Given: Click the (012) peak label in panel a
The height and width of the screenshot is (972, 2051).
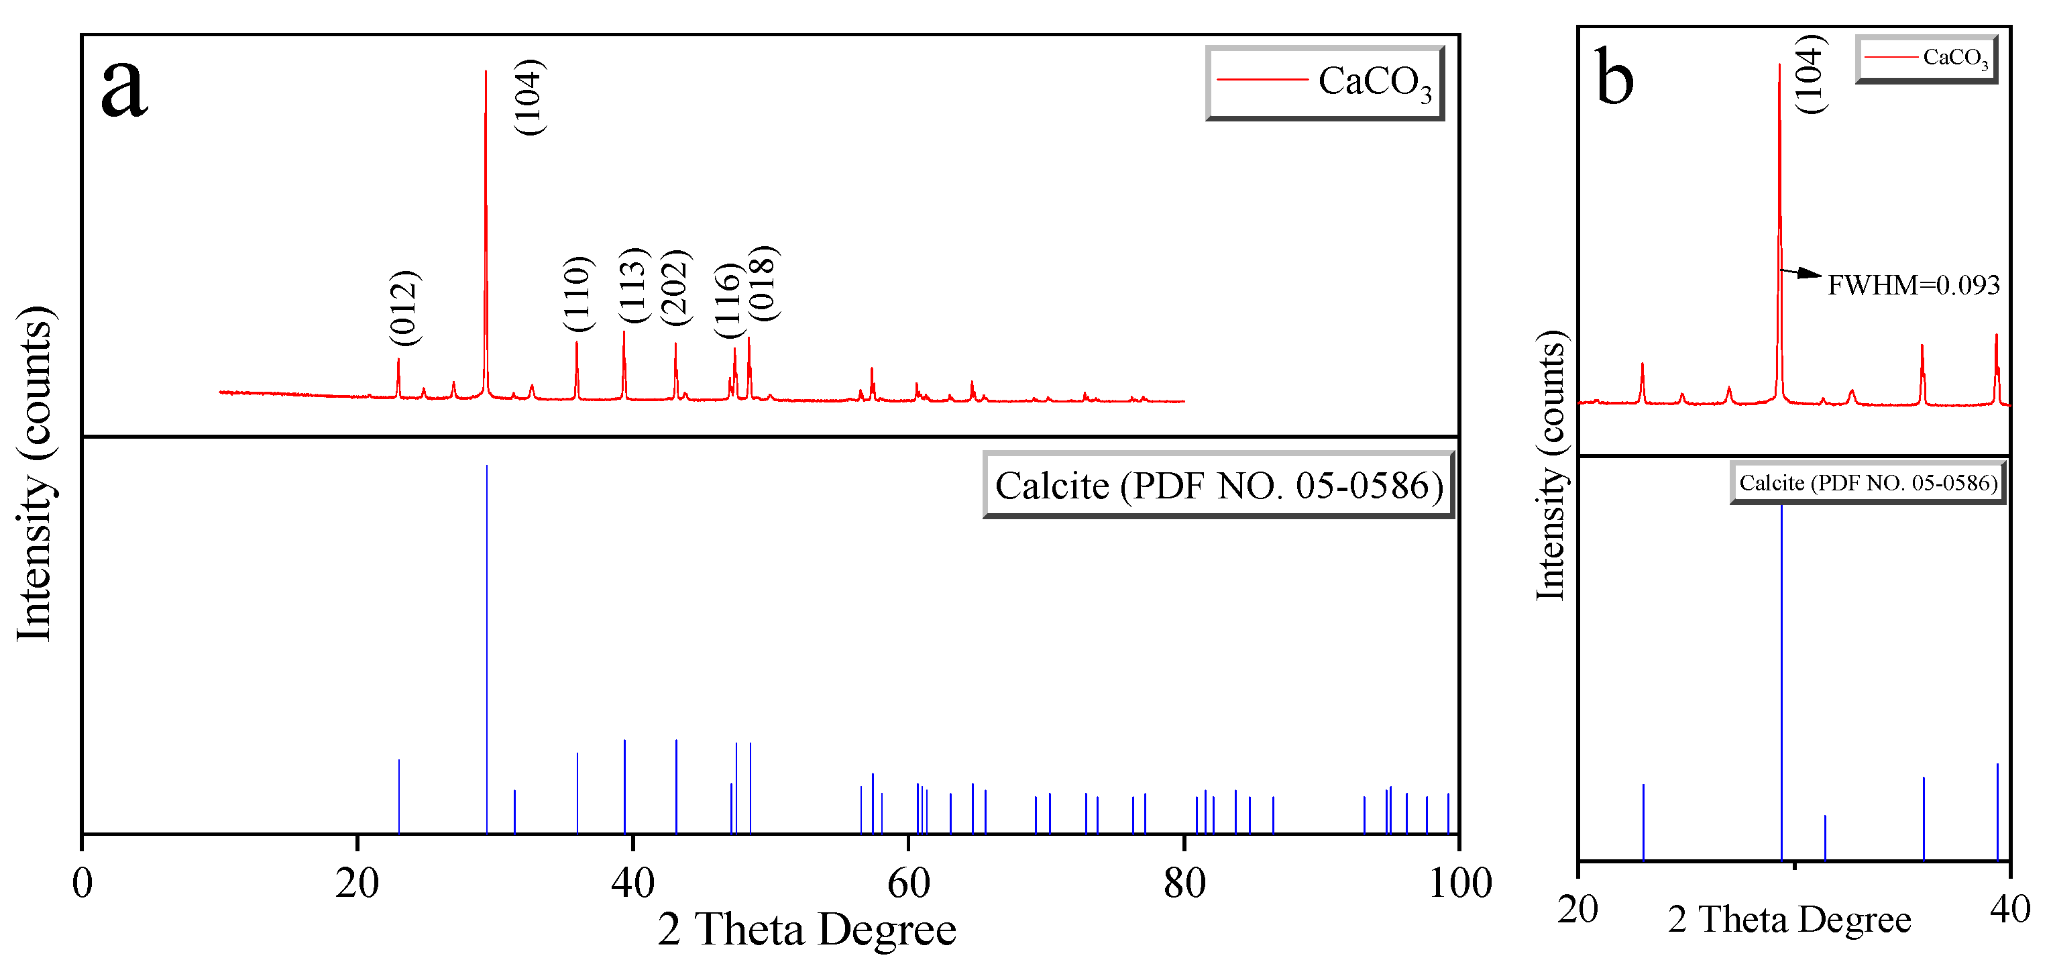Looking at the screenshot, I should tap(404, 307).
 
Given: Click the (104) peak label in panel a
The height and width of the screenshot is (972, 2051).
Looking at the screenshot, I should tap(528, 97).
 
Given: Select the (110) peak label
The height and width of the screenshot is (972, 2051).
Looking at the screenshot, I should tap(577, 293).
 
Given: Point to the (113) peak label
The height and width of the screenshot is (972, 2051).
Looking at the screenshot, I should tap(634, 285).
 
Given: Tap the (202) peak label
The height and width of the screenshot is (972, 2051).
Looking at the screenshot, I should tap(676, 286).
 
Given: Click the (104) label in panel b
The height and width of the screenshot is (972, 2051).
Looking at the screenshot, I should tap(1809, 74).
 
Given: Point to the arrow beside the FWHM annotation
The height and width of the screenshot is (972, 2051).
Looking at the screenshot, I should tap(1801, 273).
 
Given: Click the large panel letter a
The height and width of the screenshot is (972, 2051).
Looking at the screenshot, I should tap(124, 86).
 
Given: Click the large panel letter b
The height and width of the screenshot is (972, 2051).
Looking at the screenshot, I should tap(1614, 78).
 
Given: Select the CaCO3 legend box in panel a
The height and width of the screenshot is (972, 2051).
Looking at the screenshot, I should tap(1325, 83).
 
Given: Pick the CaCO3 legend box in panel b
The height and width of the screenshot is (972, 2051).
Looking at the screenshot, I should tap(1927, 58).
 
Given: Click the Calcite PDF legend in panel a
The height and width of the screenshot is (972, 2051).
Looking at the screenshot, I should tap(1218, 485).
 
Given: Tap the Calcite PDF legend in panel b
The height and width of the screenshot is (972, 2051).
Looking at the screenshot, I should tap(1868, 482).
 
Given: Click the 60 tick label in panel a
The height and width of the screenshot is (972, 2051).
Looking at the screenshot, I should tap(908, 883).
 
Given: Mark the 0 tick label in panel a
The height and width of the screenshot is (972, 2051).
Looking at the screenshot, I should tap(82, 883).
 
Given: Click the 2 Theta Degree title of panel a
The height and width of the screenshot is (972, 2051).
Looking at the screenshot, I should tap(807, 929).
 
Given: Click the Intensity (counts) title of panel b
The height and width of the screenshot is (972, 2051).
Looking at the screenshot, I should tap(1549, 465).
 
